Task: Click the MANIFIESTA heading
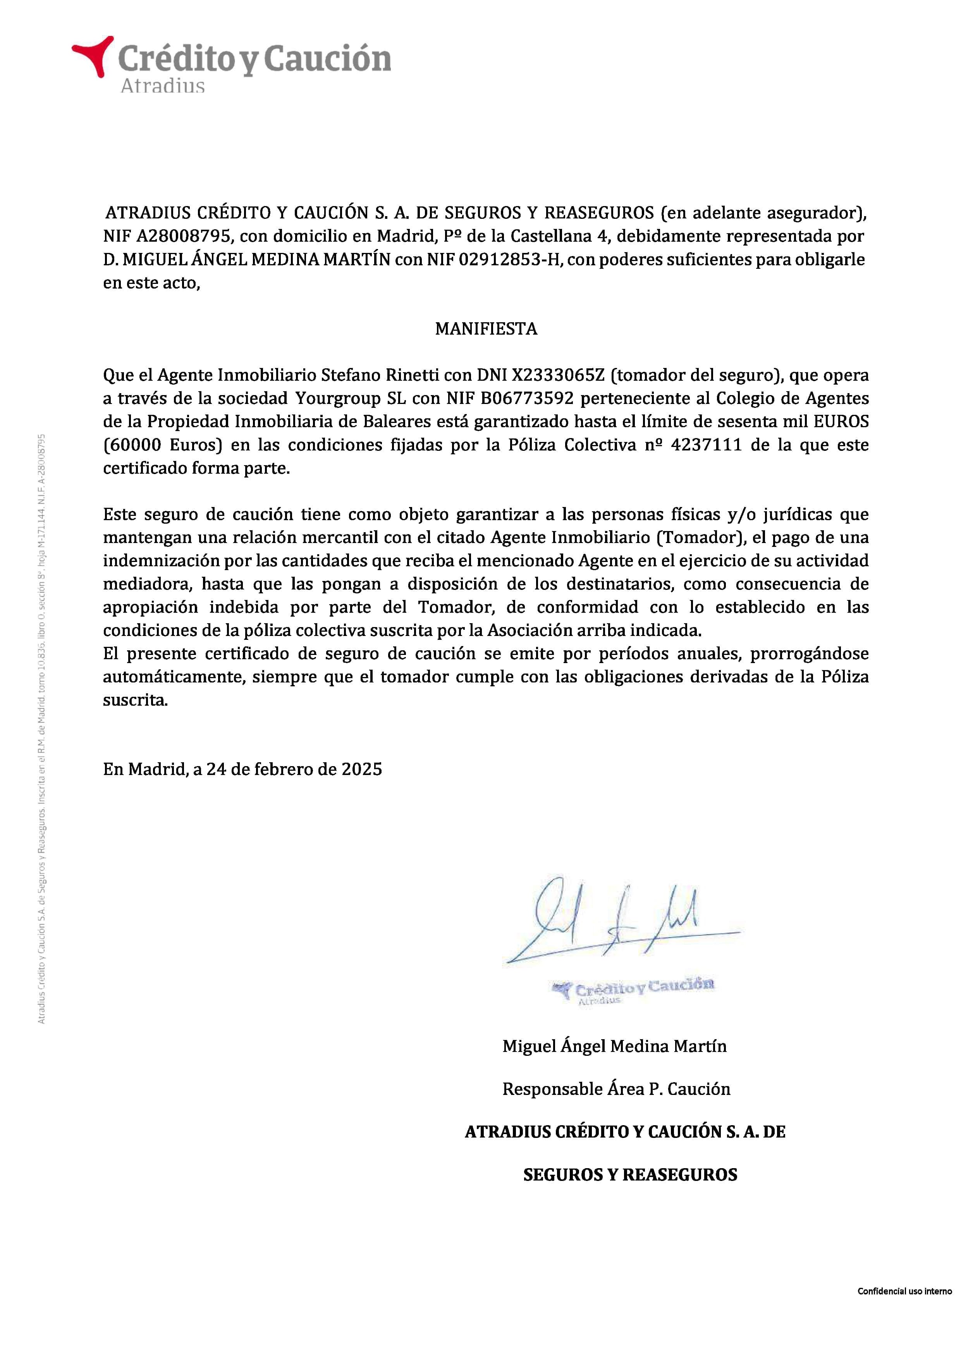(x=486, y=329)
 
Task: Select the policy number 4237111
(x=705, y=445)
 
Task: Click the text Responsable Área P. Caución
(x=616, y=1089)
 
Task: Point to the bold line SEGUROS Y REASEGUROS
(x=630, y=1174)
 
